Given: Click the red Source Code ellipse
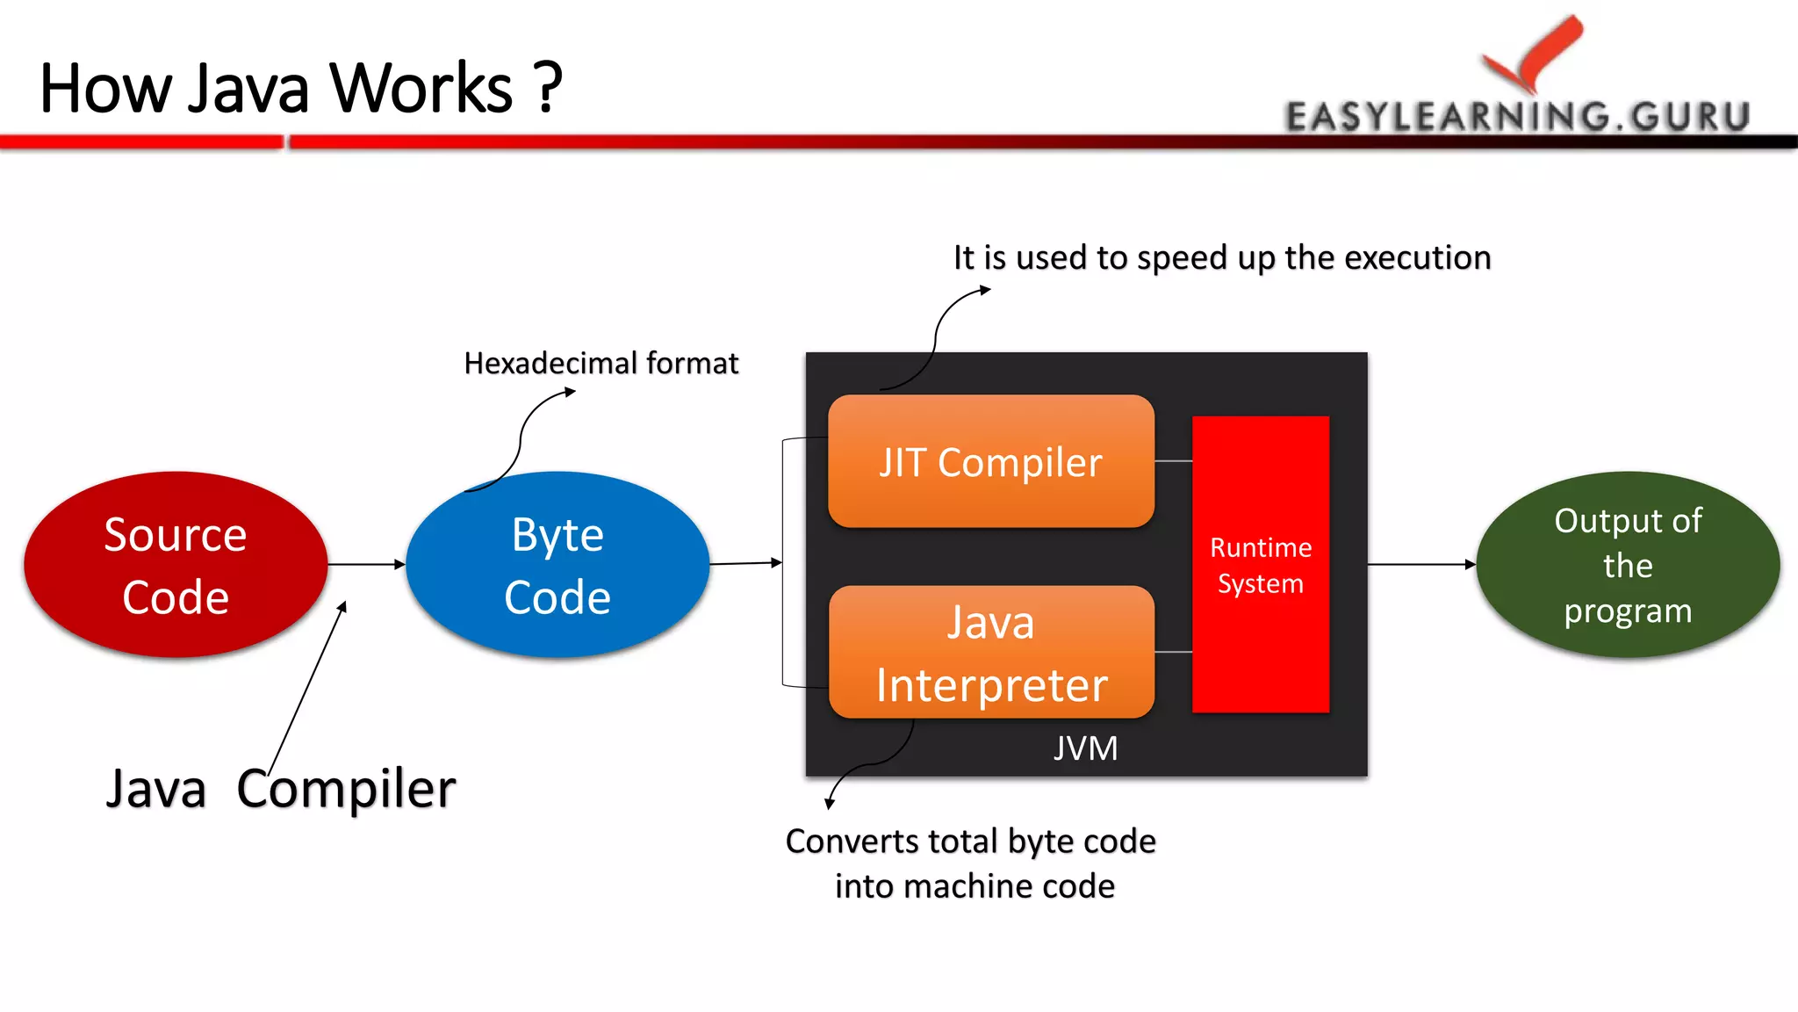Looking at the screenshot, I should pos(176,565).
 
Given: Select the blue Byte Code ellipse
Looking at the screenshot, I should pos(557,565).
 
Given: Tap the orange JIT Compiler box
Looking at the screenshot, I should pos(990,462).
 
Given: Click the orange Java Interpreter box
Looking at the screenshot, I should pos(990,653).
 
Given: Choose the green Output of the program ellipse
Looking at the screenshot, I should pos(1628,565).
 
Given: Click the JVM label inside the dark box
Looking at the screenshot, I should pos(1086,748).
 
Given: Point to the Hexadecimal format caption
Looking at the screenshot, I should pos(601,363).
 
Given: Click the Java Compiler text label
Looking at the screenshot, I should pos(281,788).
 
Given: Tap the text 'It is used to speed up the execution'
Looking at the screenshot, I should pos(1222,257).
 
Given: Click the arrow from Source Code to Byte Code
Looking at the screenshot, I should pos(365,564).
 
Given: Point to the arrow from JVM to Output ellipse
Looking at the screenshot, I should pos(1420,564).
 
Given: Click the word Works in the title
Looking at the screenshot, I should pos(421,88).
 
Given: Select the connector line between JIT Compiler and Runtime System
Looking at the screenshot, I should pos(1173,460).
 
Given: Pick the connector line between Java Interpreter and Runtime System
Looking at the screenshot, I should pos(1173,652).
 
